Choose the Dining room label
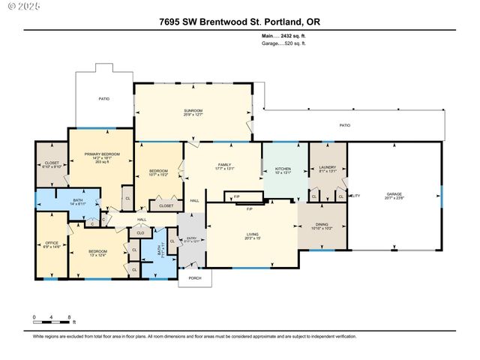(x=321, y=225)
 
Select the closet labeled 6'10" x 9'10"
(x=52, y=164)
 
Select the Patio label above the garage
(x=344, y=125)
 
